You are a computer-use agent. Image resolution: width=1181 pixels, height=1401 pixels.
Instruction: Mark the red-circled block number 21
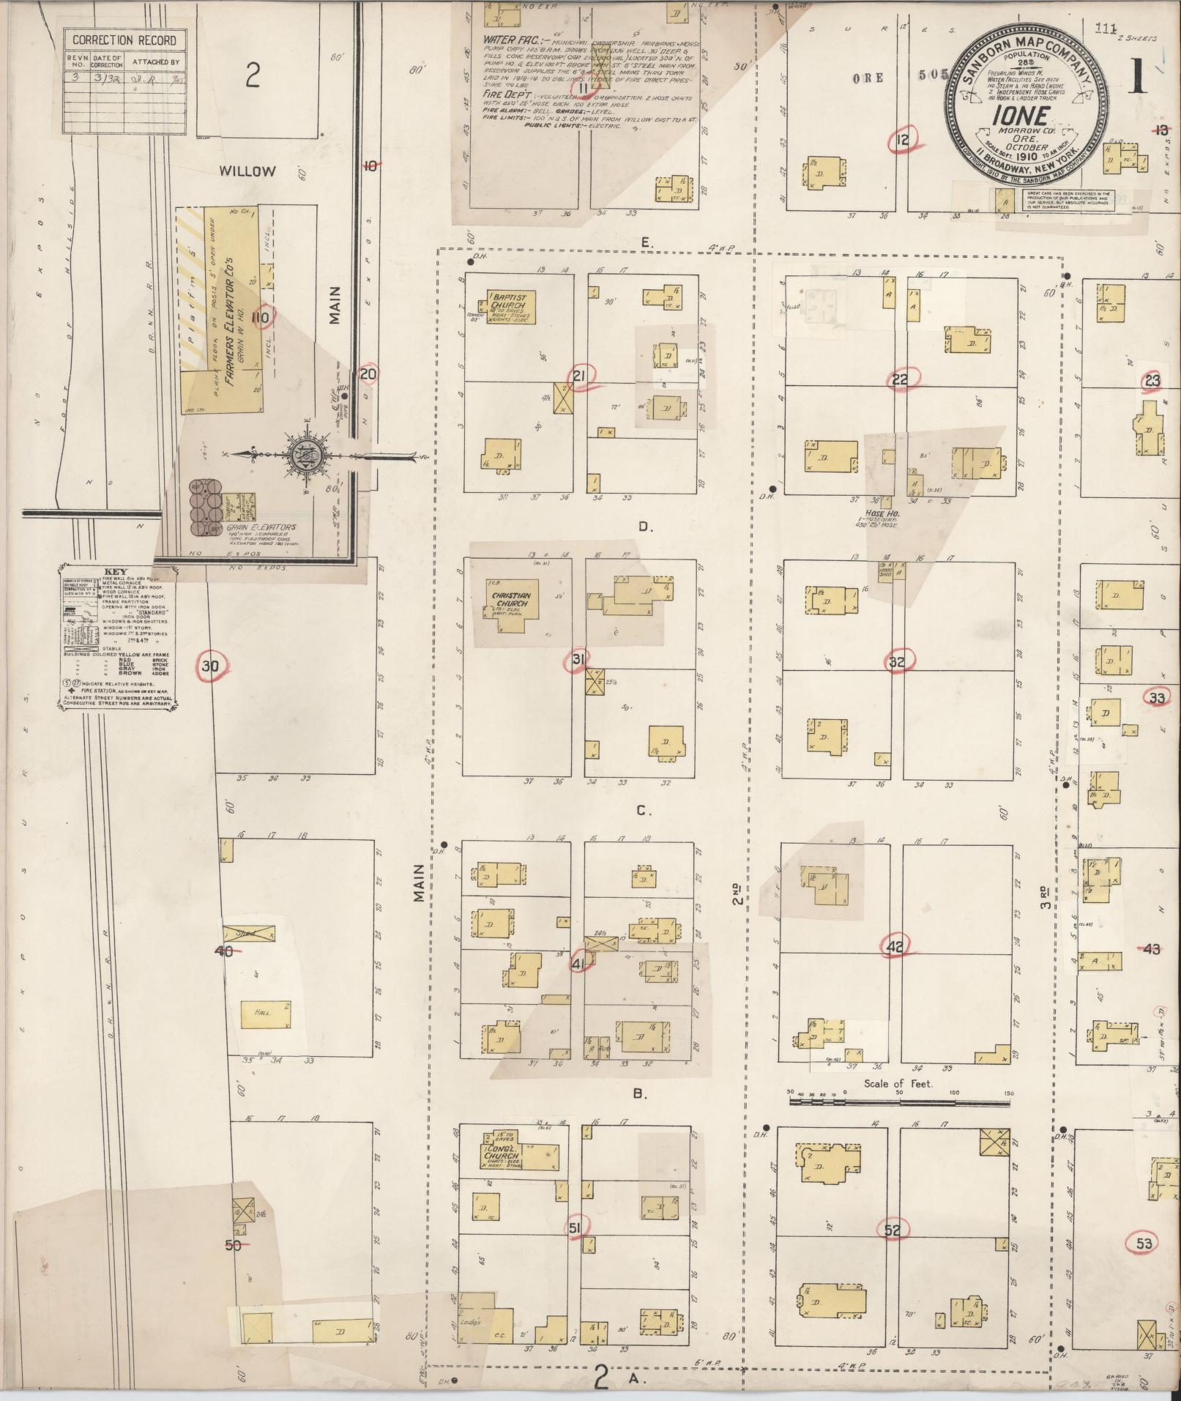[x=580, y=376]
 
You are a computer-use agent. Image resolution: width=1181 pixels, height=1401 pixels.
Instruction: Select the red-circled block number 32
[x=897, y=663]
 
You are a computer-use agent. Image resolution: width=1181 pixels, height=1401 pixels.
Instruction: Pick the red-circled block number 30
[x=211, y=666]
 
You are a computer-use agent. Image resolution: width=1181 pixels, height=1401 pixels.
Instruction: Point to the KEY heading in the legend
[x=115, y=571]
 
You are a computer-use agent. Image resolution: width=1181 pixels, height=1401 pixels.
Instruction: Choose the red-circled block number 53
[x=1143, y=1243]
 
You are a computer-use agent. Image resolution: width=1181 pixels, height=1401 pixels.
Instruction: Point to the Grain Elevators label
[x=241, y=527]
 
